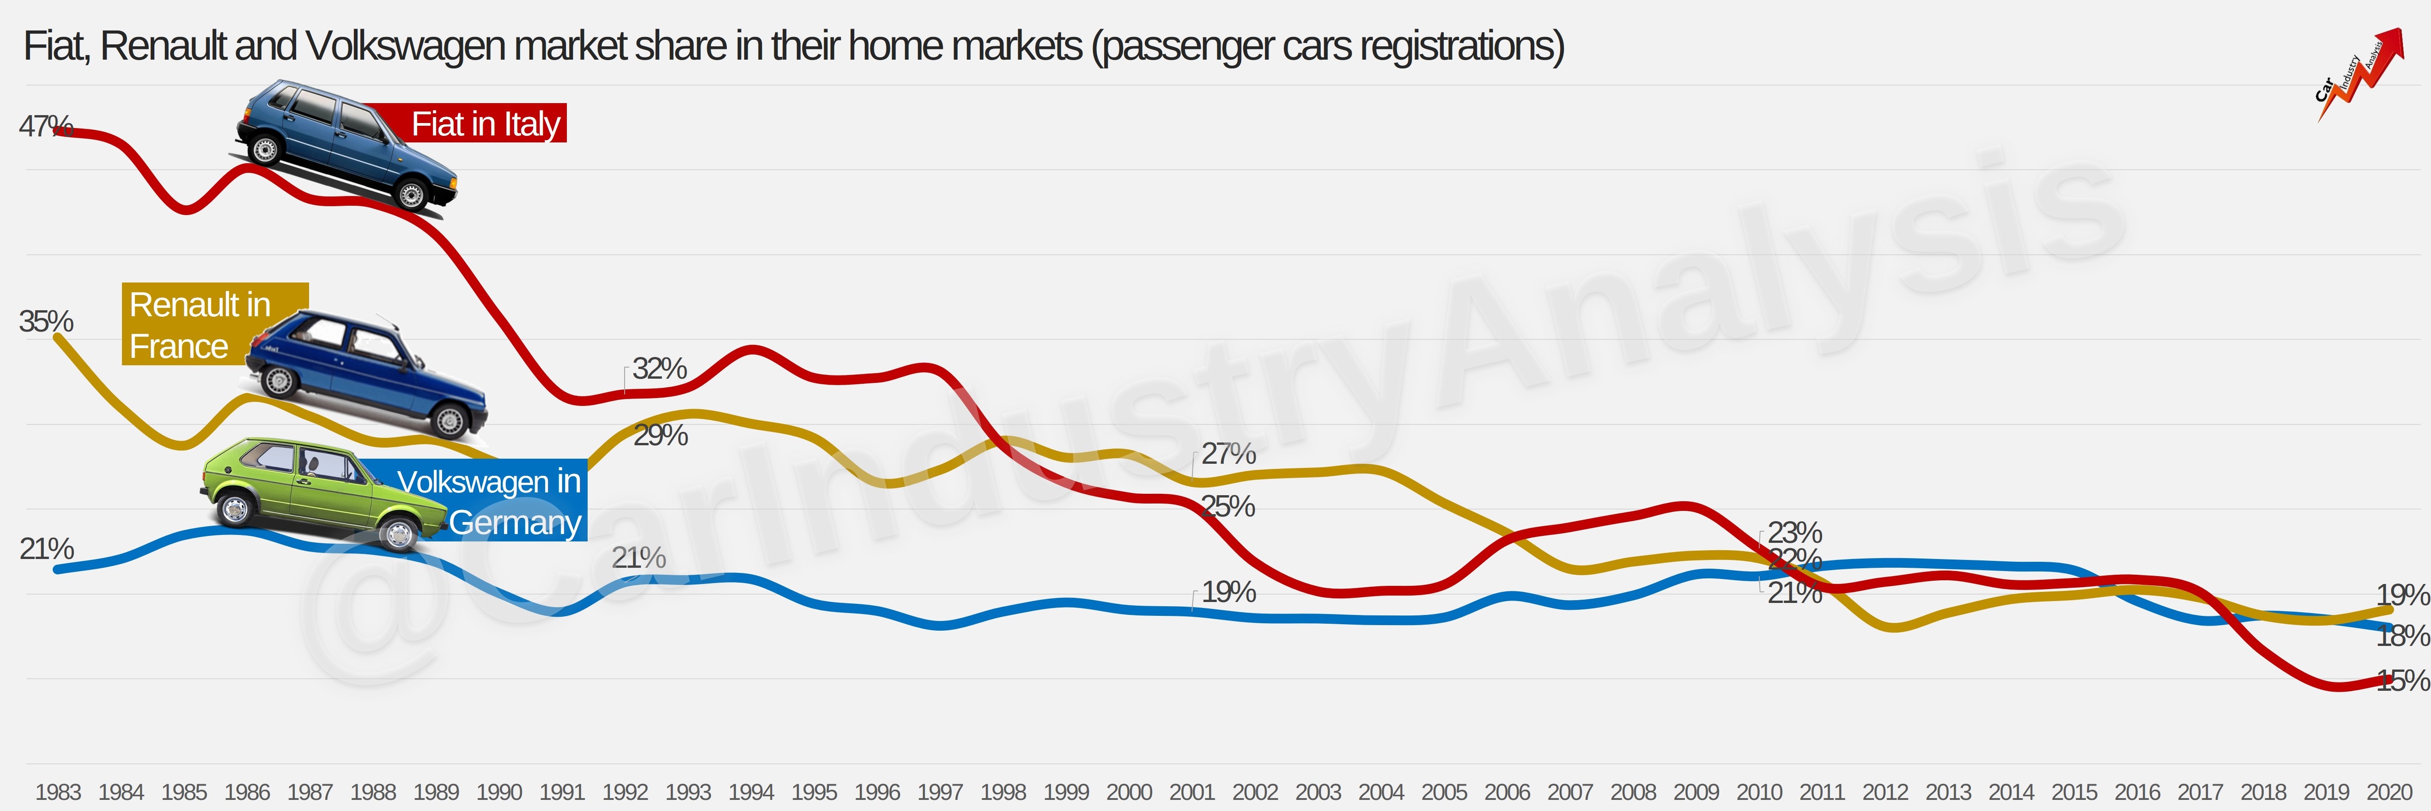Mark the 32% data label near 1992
pyautogui.click(x=659, y=368)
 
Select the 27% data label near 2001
pyautogui.click(x=1228, y=454)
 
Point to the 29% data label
pyautogui.click(x=660, y=435)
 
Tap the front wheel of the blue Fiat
pyautogui.click(x=412, y=196)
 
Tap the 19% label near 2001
pyautogui.click(x=1228, y=592)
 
